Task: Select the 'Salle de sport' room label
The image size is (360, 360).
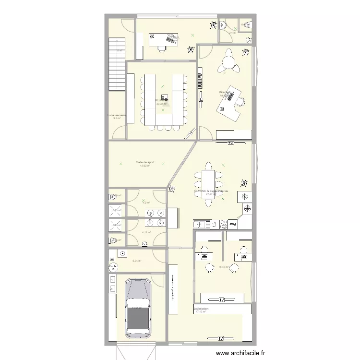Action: pyautogui.click(x=145, y=162)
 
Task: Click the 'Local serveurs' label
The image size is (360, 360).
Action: pyautogui.click(x=117, y=115)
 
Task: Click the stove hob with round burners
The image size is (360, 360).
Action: pyautogui.click(x=223, y=224)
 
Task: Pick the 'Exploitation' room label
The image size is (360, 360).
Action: pyautogui.click(x=202, y=309)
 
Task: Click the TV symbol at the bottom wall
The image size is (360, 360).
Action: pyautogui.click(x=221, y=338)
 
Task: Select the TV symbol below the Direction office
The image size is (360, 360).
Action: pyautogui.click(x=231, y=143)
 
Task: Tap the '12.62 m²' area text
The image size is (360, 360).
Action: pyautogui.click(x=145, y=166)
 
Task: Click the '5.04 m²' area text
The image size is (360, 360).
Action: pyautogui.click(x=136, y=261)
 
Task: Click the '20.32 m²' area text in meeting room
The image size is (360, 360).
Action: pyautogui.click(x=162, y=104)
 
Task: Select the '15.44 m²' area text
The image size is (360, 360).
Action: pyautogui.click(x=223, y=267)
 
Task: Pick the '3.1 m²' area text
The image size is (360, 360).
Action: pyautogui.click(x=117, y=118)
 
